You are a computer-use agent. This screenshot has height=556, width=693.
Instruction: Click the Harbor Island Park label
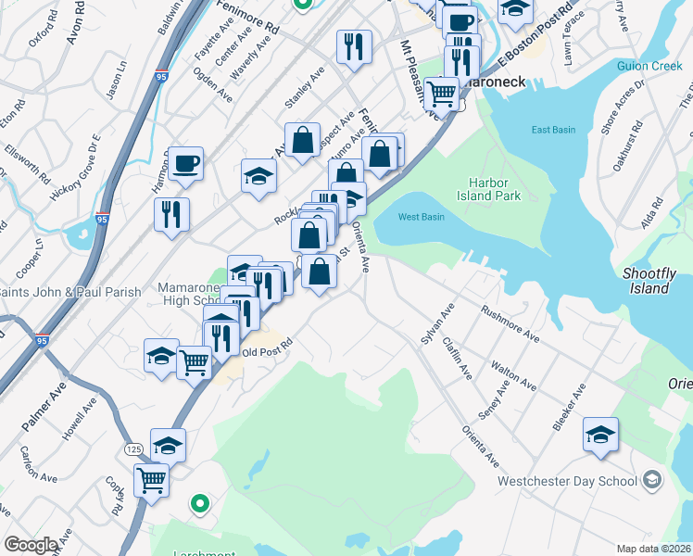[488, 189]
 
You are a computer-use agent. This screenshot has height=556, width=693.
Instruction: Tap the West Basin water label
[421, 217]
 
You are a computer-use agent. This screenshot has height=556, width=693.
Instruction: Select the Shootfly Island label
[647, 281]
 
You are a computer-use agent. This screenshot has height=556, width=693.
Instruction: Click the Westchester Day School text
[567, 481]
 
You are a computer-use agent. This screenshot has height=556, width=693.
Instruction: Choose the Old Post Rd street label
[267, 352]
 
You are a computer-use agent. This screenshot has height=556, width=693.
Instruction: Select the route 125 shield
[133, 449]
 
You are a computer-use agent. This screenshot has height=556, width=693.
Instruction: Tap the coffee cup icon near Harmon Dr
[185, 163]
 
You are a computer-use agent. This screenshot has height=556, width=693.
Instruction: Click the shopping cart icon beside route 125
[151, 480]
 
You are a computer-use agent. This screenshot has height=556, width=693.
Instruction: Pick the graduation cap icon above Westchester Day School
[600, 434]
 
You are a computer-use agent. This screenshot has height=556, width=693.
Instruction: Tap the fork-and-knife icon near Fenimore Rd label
[353, 46]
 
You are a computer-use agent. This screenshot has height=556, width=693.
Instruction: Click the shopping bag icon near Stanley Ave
[302, 141]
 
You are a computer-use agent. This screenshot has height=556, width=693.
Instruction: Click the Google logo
[31, 545]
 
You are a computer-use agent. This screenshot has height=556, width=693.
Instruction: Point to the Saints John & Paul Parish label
[70, 292]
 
